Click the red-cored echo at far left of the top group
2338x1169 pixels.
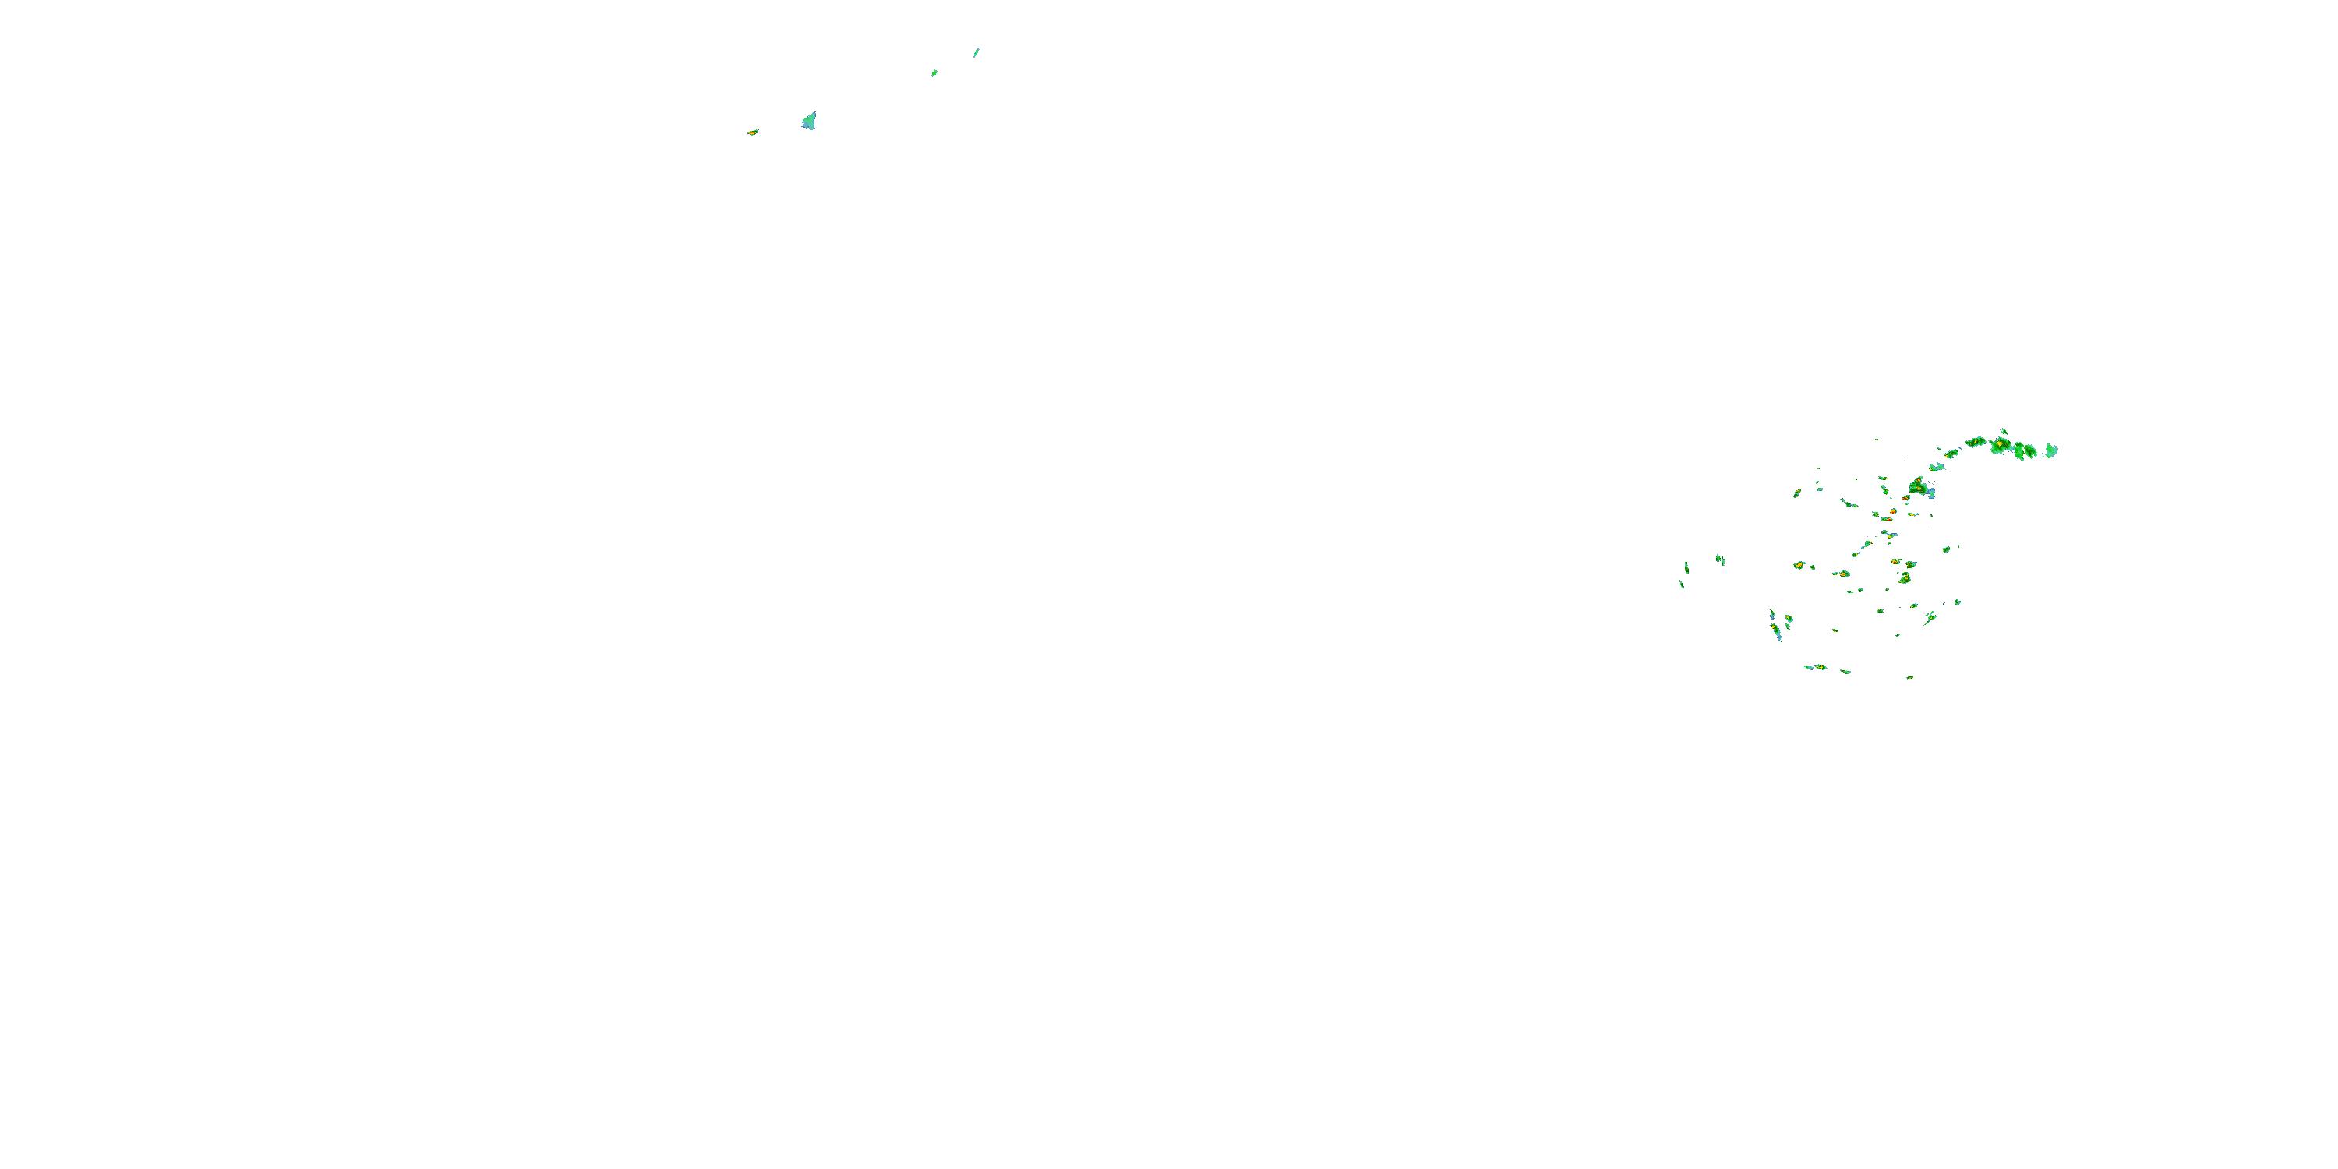pos(752,132)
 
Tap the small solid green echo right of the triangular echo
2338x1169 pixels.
pos(934,73)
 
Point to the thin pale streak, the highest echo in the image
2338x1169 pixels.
pos(977,53)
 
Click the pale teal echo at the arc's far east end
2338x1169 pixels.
pos(2051,450)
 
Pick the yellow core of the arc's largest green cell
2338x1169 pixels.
pos(2000,445)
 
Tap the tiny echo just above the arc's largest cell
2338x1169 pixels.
pos(2003,431)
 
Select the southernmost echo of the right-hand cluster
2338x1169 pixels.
pos(1909,677)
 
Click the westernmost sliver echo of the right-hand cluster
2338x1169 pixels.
pos(1682,584)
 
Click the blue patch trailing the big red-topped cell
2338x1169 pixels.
pos(1930,493)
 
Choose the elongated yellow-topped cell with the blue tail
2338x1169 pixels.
pos(1775,628)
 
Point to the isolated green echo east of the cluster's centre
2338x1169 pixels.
pos(1946,549)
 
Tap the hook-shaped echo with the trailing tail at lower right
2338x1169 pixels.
pos(1930,618)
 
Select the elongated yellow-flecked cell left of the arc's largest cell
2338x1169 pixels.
pos(1976,442)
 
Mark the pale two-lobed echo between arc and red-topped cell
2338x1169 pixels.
pos(1937,468)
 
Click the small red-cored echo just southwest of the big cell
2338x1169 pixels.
pos(1893,512)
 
